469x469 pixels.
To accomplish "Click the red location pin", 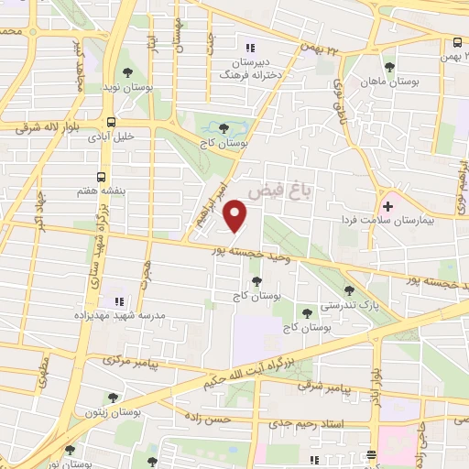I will tap(236, 215).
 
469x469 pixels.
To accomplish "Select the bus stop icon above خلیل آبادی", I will tap(112, 121).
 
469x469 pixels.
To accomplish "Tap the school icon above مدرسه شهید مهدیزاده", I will tap(117, 300).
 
